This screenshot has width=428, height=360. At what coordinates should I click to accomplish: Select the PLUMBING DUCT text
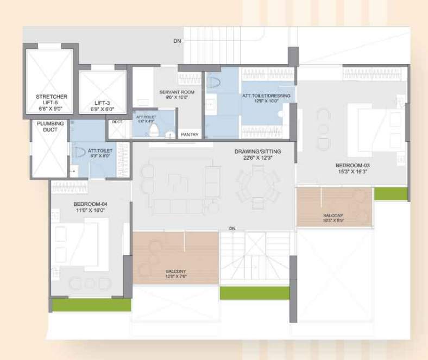(50, 126)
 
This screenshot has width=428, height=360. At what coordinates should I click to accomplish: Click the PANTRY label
(189, 135)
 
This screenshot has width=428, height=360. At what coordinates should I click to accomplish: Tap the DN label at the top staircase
(177, 41)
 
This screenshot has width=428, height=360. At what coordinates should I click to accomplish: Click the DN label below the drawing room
(232, 228)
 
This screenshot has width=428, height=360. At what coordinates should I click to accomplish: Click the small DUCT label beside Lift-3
(117, 122)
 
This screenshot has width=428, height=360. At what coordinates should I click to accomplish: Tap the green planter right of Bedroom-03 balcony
(391, 194)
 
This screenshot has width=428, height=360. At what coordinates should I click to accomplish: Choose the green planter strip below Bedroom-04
(91, 305)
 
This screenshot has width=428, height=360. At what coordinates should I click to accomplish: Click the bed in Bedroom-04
(87, 244)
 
